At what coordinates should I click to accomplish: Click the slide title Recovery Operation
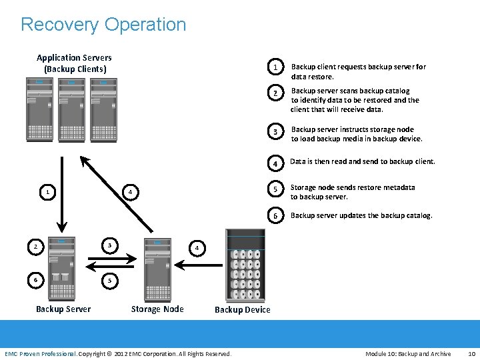pos(103,25)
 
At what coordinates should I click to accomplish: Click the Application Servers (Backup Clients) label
pos(74,63)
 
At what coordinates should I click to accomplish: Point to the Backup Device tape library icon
pos(245,265)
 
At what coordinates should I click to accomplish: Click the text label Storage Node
pos(157,309)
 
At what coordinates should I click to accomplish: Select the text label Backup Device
pos(243,310)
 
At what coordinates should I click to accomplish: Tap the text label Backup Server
pos(63,309)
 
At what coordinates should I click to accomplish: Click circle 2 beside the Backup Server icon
pos(35,247)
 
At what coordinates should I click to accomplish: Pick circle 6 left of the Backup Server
pos(35,281)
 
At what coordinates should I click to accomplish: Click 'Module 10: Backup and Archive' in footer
pos(408,353)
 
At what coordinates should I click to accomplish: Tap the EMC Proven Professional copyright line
pos(118,353)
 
